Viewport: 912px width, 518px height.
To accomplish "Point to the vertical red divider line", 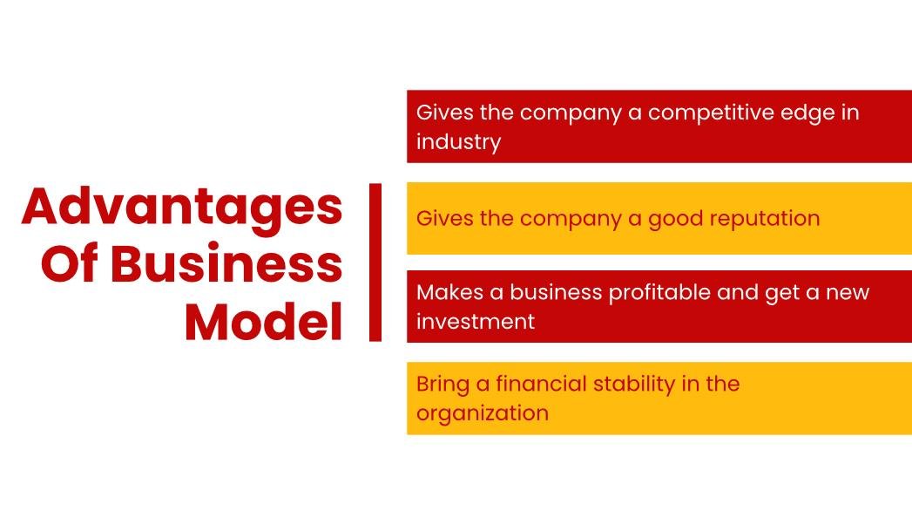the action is tap(375, 262).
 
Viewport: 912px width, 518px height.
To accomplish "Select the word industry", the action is tap(458, 142).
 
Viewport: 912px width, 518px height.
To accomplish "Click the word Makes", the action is tap(449, 292).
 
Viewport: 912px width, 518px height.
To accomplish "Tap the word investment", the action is tap(476, 322).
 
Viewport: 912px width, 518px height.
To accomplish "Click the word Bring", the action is tap(442, 385).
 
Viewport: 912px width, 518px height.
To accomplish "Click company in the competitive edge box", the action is tap(570, 113).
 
